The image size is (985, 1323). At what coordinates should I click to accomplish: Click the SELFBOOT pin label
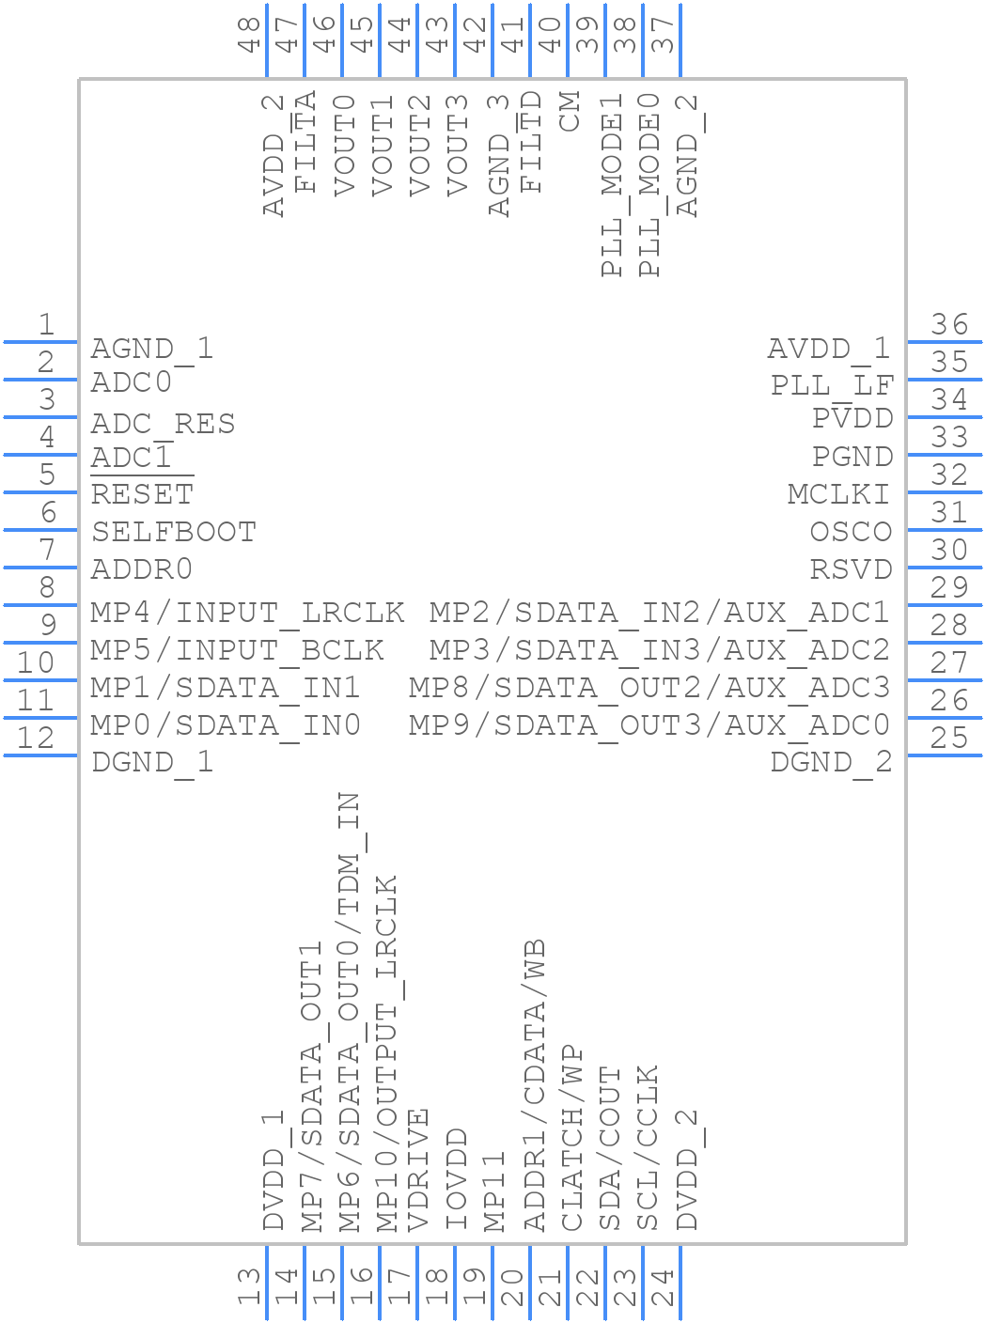[x=174, y=532]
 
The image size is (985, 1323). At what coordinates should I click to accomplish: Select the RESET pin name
[x=142, y=493]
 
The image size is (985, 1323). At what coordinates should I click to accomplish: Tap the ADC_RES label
[x=163, y=424]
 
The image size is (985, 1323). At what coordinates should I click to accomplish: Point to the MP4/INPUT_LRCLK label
[x=247, y=613]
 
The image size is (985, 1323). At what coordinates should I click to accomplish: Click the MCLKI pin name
[x=839, y=493]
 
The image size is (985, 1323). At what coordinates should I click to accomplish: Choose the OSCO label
[x=851, y=532]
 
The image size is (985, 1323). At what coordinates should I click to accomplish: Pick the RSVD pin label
[x=851, y=569]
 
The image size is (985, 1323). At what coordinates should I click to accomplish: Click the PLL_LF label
[x=832, y=385]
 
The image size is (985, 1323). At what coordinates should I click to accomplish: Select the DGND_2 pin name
[x=831, y=762]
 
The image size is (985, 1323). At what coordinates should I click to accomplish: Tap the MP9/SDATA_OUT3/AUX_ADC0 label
[x=649, y=725]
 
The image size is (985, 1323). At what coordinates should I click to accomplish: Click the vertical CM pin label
[x=570, y=112]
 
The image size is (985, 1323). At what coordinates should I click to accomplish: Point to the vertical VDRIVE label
[x=419, y=1170]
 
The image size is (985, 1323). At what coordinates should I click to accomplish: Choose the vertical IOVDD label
[x=457, y=1180]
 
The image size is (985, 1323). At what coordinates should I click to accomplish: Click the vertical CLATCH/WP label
[x=571, y=1138]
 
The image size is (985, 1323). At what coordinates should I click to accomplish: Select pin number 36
[x=949, y=324]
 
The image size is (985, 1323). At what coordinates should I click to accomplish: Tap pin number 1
[x=45, y=324]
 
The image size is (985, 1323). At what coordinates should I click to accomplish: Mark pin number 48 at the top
[x=249, y=34]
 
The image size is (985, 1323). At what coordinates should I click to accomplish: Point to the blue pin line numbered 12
[x=39, y=755]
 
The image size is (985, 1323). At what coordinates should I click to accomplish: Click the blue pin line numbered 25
[x=945, y=755]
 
